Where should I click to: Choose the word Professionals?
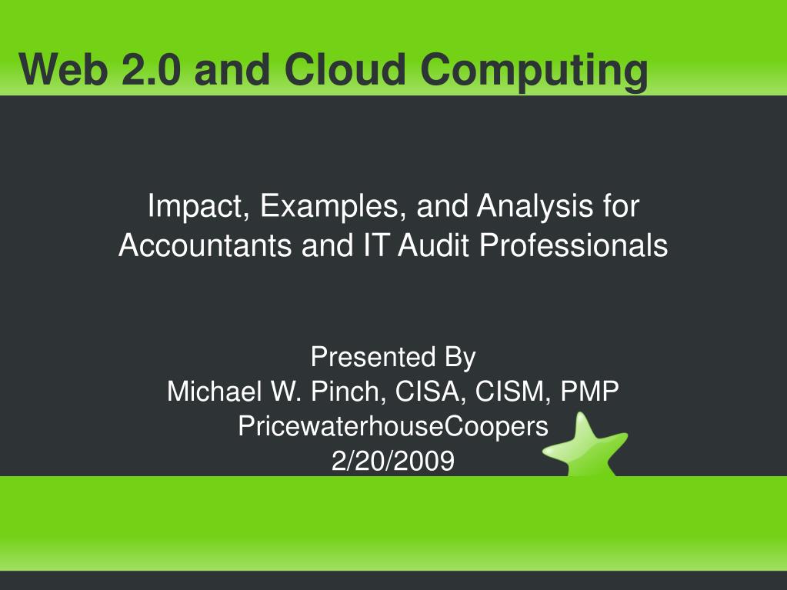(x=574, y=246)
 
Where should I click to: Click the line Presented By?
(x=393, y=358)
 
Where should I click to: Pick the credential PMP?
(x=589, y=392)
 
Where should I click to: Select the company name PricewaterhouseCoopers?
(x=393, y=426)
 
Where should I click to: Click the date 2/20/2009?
(x=393, y=460)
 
